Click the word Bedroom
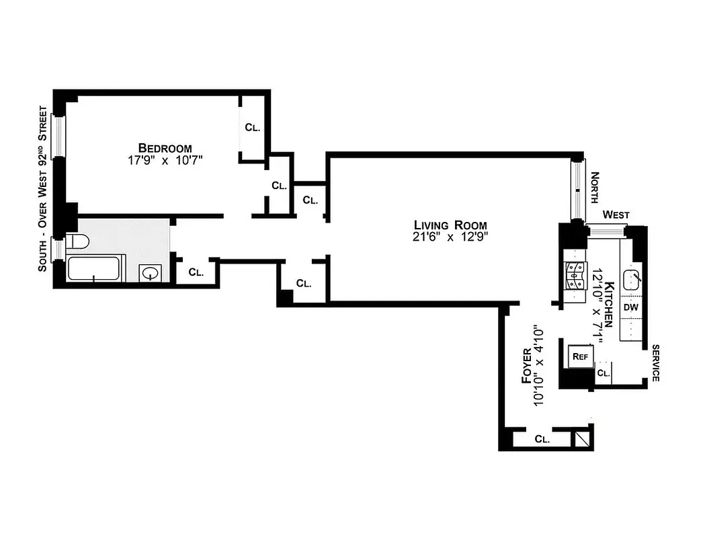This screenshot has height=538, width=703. click(165, 148)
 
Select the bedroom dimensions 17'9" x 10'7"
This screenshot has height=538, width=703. click(165, 161)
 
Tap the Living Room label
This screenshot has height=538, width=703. click(450, 225)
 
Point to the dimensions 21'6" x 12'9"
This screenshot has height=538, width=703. click(450, 237)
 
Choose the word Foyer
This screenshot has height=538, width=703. click(528, 366)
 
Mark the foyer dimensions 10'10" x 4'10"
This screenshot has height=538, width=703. click(540, 366)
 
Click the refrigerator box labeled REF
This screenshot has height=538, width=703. click(579, 356)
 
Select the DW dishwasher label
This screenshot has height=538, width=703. click(630, 307)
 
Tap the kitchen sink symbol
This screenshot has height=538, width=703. click(632, 278)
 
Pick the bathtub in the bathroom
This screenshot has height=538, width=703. click(95, 269)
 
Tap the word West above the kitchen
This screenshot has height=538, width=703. click(616, 215)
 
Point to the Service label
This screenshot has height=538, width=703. click(655, 363)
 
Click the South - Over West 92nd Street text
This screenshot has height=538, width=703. click(42, 188)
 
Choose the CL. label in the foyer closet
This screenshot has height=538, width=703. click(542, 440)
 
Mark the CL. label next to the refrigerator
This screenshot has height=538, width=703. click(603, 373)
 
